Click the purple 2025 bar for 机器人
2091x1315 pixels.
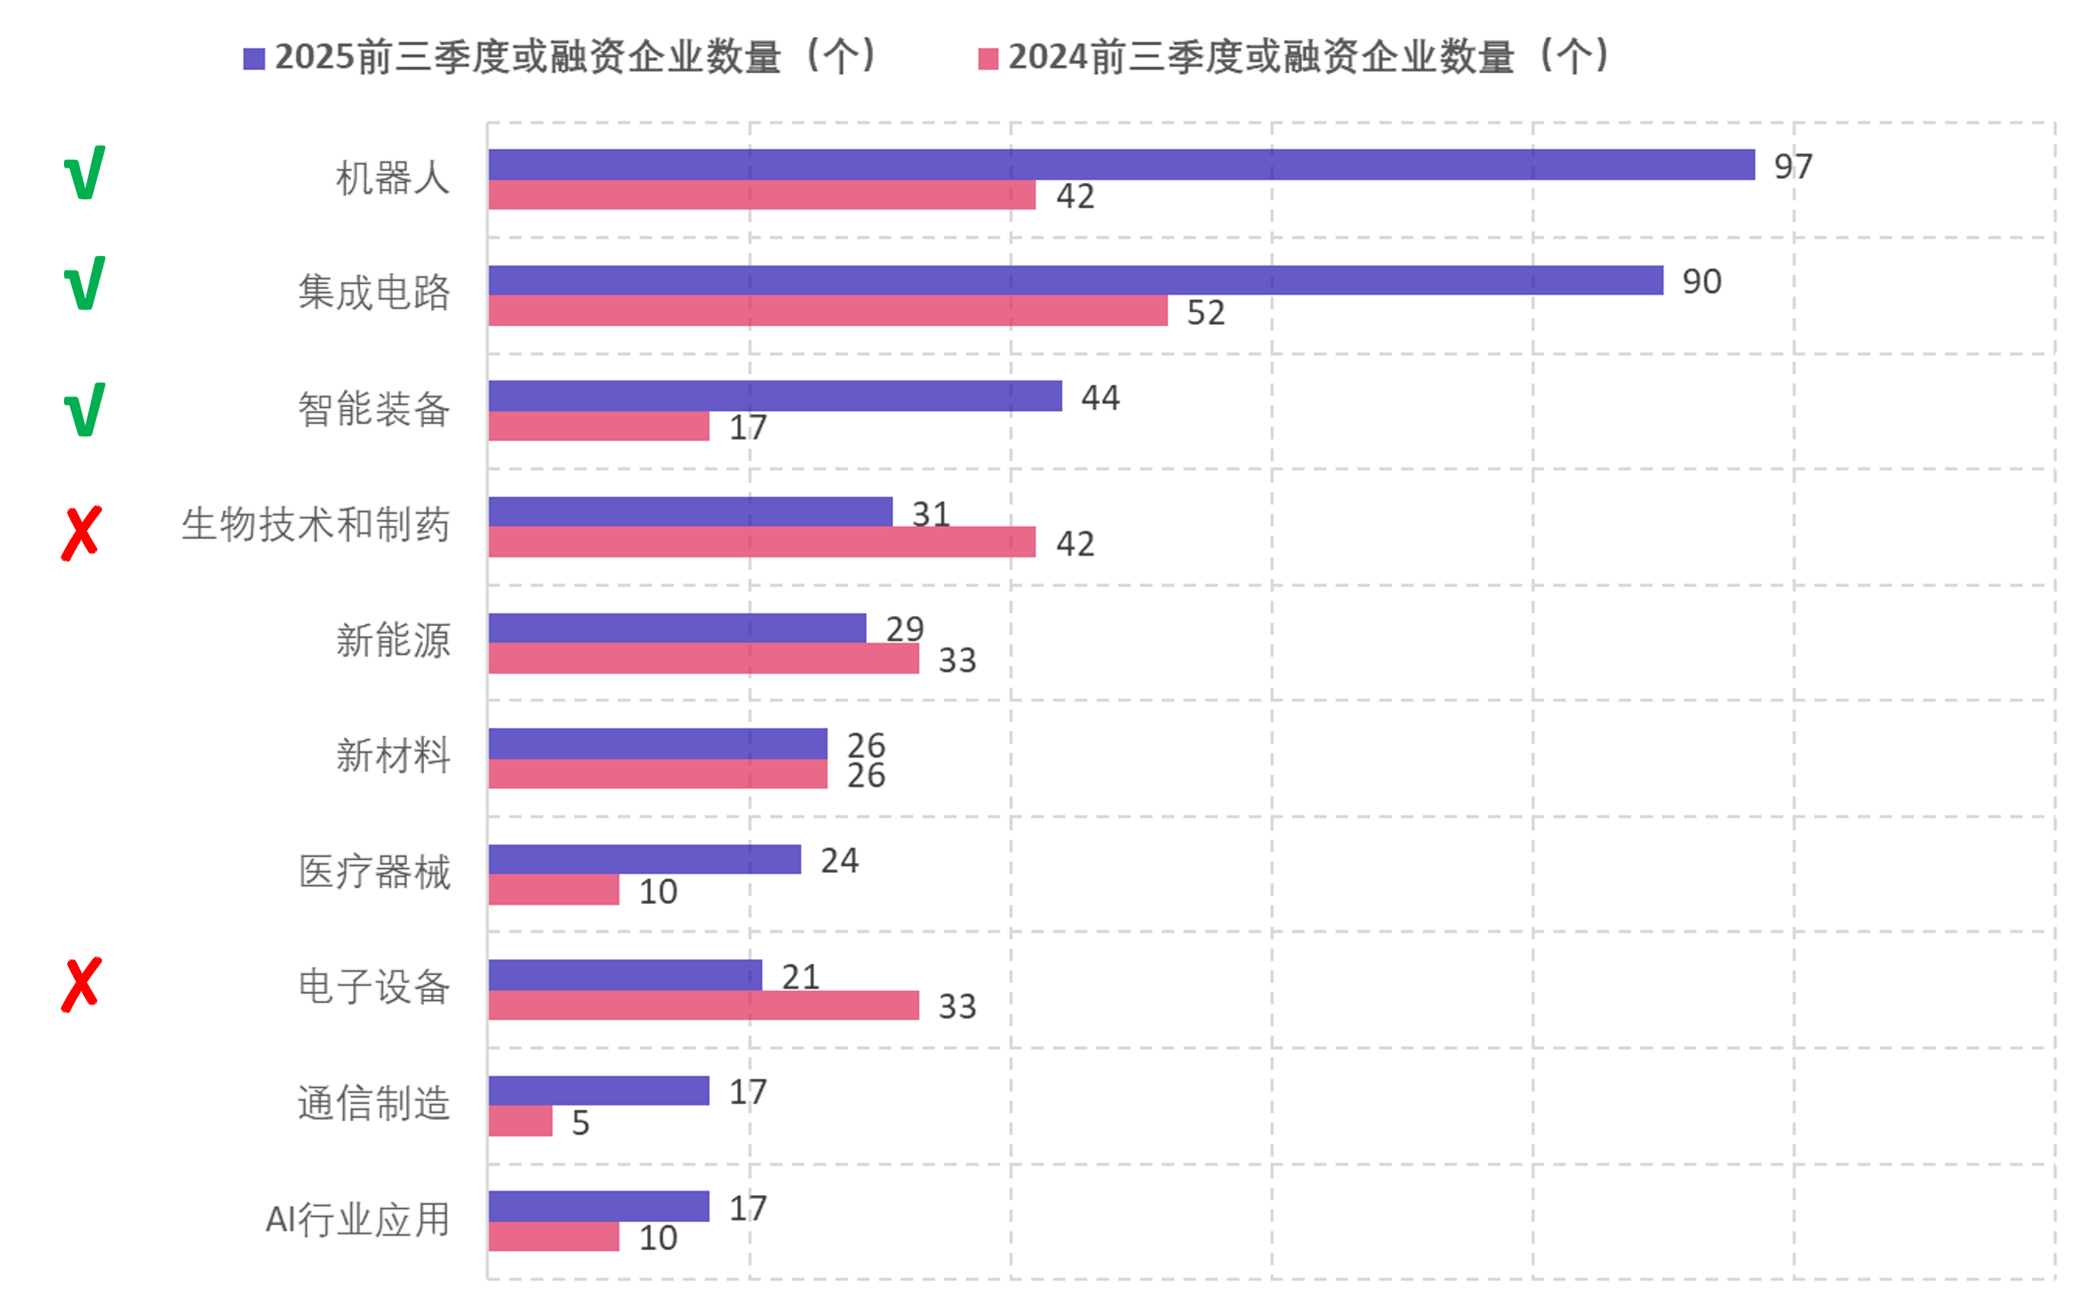pyautogui.click(x=1120, y=164)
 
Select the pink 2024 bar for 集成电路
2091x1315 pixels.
pyautogui.click(x=827, y=311)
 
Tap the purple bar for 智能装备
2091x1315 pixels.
pyautogui.click(x=774, y=396)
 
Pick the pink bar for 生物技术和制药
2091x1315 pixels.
pyautogui.click(x=761, y=541)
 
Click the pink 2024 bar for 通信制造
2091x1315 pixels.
pyautogui.click(x=520, y=1121)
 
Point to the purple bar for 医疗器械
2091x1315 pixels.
pyautogui.click(x=645, y=859)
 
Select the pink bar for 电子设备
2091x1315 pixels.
pyautogui.click(x=703, y=1005)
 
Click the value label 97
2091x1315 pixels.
pyautogui.click(x=1793, y=165)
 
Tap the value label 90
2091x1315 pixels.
pyautogui.click(x=1701, y=281)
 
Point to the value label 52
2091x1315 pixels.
pyautogui.click(x=1205, y=313)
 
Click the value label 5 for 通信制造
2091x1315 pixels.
pyautogui.click(x=580, y=1122)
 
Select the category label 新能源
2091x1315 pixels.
pyautogui.click(x=393, y=640)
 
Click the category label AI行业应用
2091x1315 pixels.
pyautogui.click(x=357, y=1220)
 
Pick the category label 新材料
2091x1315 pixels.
pyautogui.click(x=393, y=755)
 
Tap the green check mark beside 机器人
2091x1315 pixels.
pyautogui.click(x=84, y=173)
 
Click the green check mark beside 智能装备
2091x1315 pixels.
pyautogui.click(x=84, y=409)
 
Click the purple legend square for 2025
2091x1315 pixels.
pyautogui.click(x=253, y=59)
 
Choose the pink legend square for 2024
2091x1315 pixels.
pyautogui.click(x=987, y=59)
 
